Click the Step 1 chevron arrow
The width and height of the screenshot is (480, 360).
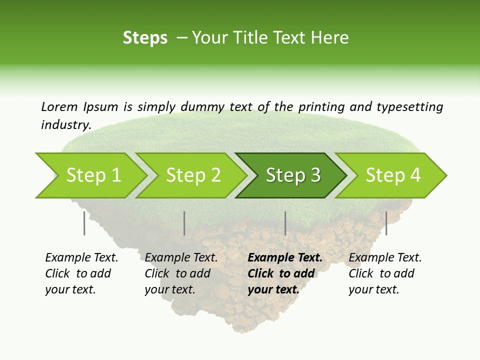(92, 175)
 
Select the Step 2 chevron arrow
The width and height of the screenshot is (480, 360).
(192, 175)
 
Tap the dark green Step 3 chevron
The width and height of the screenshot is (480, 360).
(292, 175)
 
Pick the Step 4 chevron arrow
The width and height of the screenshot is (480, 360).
(392, 175)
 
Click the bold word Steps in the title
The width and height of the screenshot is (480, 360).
(145, 37)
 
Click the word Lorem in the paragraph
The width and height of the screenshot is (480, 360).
(59, 106)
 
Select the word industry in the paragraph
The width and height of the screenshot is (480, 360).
(65, 124)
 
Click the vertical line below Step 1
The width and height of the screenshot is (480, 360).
(84, 223)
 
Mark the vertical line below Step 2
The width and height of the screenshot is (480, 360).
(184, 223)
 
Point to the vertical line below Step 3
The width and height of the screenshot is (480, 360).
(285, 223)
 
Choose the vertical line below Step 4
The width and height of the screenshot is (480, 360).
(386, 223)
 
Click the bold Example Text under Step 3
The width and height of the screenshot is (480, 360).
(285, 257)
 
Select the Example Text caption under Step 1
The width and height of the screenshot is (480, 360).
(81, 257)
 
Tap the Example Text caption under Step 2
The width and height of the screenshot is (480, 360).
(181, 257)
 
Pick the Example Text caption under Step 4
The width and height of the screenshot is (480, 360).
(385, 257)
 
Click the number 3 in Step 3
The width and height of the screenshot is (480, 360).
(315, 175)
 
